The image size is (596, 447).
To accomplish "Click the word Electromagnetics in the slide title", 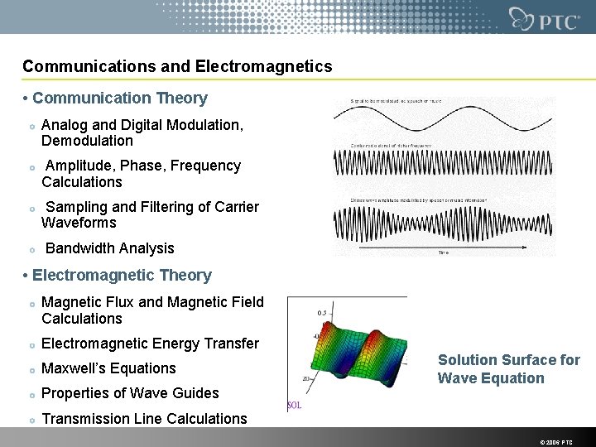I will pos(267,65).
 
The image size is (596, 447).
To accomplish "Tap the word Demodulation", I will pos(87,141).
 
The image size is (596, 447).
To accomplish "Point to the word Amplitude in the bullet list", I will pos(81,166).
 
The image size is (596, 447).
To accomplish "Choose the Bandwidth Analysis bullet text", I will pos(109,248).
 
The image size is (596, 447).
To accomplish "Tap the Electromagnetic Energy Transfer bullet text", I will pos(150,344).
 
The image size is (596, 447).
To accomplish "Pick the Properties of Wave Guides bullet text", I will pos(130,393).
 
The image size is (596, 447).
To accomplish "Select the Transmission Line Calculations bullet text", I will pos(144,419).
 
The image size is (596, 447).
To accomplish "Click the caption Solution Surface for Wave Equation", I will pos(508,369).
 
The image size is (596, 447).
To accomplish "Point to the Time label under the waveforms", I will pos(444,253).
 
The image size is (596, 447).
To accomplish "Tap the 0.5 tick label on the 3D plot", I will pos(321,313).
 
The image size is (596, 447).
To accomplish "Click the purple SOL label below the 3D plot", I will pos(294,406).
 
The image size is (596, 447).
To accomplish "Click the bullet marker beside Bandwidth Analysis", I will pos(31,249).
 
